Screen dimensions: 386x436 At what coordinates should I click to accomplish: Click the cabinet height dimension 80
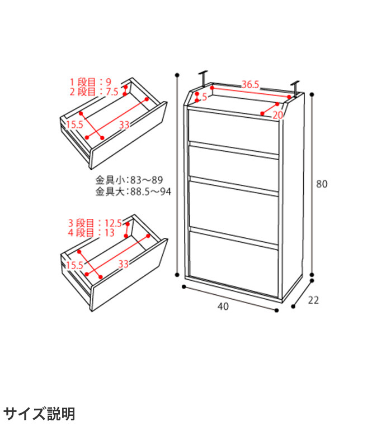click(322, 184)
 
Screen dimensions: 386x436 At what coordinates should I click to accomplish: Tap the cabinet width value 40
click(223, 306)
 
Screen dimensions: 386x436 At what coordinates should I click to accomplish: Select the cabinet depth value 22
click(313, 300)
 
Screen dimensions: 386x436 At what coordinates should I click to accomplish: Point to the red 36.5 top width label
click(250, 84)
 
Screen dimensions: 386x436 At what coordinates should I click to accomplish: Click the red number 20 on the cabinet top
click(277, 115)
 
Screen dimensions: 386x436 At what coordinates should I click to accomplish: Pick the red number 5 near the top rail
click(204, 97)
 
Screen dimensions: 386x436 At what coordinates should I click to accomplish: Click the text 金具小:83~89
click(129, 180)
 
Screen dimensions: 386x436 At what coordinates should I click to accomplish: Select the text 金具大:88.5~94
click(133, 191)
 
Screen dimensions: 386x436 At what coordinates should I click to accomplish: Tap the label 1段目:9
click(91, 82)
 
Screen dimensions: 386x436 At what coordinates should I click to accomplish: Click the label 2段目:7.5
click(94, 92)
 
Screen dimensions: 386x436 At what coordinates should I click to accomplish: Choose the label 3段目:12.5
click(95, 223)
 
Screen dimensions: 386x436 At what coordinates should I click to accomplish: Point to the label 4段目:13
click(91, 232)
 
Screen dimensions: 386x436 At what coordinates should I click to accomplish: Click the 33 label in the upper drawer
click(124, 125)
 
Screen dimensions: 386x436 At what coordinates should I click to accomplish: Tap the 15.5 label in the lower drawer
click(74, 265)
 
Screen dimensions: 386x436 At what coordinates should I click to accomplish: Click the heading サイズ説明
click(39, 414)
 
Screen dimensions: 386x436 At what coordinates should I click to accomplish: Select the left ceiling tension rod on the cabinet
click(204, 79)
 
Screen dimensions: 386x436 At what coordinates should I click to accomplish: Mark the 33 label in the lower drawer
click(124, 264)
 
